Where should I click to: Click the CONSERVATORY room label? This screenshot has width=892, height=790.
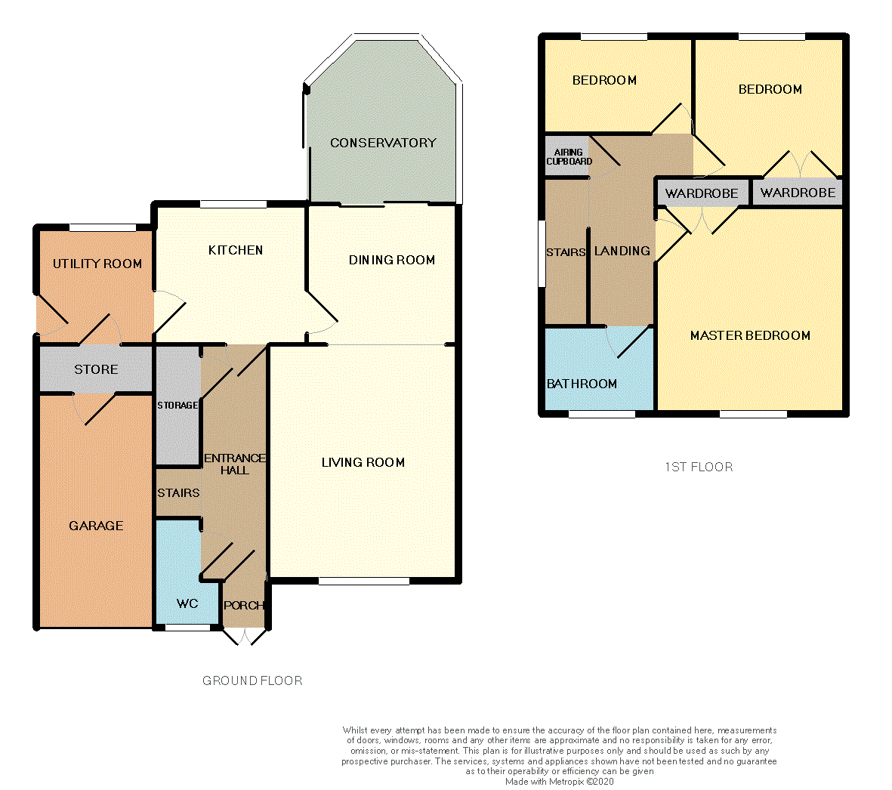[383, 143]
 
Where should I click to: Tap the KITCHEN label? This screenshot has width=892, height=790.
[236, 250]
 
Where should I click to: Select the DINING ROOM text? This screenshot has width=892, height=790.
[392, 260]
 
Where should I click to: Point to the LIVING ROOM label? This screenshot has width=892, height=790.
[363, 462]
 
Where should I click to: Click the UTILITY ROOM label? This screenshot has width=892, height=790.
[97, 264]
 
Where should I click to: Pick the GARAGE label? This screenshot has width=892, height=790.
[96, 526]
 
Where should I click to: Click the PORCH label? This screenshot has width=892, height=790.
[244, 605]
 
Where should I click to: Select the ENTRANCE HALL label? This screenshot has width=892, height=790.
[234, 464]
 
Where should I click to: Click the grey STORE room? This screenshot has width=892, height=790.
[96, 369]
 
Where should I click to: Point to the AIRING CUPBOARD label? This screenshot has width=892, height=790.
[569, 156]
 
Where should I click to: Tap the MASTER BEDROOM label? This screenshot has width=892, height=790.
[750, 335]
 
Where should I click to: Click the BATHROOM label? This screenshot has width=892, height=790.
[582, 384]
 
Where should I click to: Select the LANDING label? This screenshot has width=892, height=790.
[622, 251]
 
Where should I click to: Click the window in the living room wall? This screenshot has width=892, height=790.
[364, 581]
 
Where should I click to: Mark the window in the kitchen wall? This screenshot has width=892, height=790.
[233, 204]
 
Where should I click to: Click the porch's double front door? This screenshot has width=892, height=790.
[244, 637]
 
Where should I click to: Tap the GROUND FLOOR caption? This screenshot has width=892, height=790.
[252, 680]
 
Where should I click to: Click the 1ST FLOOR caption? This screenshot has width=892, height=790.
[699, 467]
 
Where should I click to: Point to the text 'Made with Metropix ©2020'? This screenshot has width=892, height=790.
[559, 782]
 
